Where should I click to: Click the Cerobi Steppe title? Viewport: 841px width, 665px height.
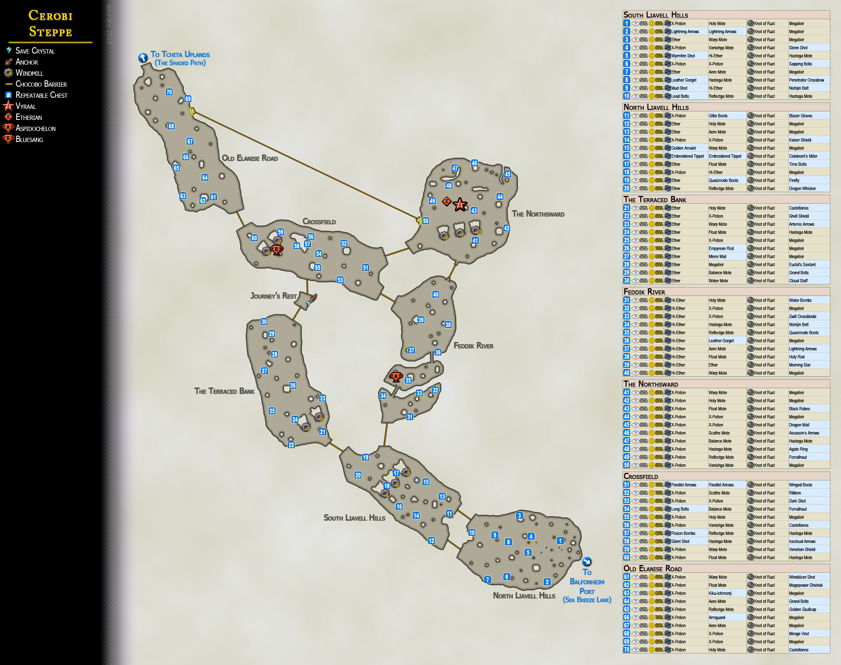(51, 23)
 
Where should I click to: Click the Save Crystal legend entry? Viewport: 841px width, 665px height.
(35, 51)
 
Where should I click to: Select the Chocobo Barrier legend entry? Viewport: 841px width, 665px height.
(41, 84)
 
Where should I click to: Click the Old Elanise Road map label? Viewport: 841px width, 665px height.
(250, 158)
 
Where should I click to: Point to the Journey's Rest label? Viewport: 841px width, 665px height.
(273, 296)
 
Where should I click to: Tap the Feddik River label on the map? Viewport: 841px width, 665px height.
(473, 346)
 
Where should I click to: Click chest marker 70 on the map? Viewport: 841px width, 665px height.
(169, 92)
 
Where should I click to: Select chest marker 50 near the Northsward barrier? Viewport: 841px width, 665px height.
(426, 221)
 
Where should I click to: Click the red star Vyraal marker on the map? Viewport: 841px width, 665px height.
(460, 205)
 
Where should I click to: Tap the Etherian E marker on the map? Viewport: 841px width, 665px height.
(446, 201)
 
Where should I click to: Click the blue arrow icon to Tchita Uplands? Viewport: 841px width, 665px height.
(143, 57)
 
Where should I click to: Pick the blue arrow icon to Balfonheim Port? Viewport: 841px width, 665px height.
(587, 562)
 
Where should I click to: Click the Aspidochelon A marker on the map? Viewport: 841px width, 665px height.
(396, 376)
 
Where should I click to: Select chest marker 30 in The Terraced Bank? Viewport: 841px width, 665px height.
(264, 322)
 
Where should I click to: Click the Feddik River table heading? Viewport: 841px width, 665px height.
(644, 292)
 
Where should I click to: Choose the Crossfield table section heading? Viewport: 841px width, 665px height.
(641, 476)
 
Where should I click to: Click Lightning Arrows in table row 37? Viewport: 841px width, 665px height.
(803, 349)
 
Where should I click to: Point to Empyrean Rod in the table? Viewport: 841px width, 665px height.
(721, 248)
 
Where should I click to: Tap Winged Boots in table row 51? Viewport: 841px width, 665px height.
(800, 485)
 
